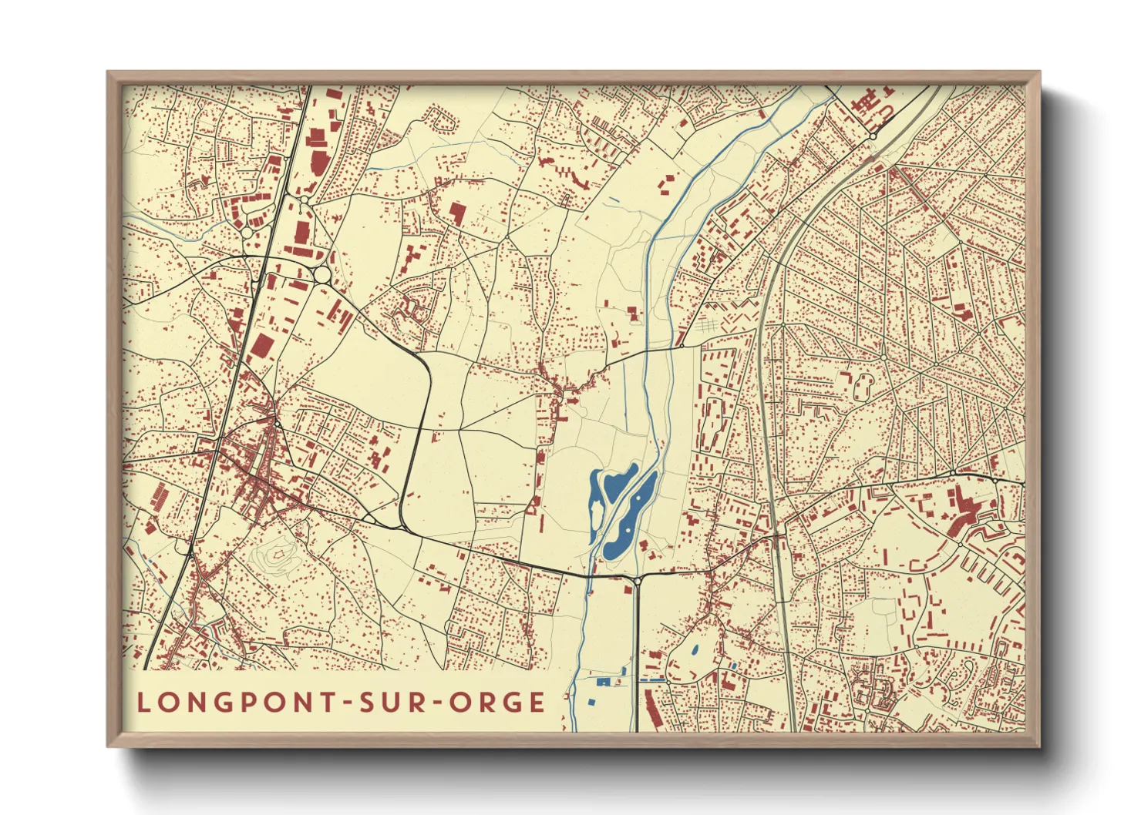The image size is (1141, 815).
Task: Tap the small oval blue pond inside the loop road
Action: pos(696,649)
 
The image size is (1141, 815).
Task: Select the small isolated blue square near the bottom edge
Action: pos(591,702)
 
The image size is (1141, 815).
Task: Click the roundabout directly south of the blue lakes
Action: pos(638,579)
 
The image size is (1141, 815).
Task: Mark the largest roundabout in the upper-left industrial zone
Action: pos(322,274)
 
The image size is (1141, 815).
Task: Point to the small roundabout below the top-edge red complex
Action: pos(873,136)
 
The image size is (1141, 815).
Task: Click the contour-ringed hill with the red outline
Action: pos(278,554)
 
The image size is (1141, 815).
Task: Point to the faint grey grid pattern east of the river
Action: pos(708,327)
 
